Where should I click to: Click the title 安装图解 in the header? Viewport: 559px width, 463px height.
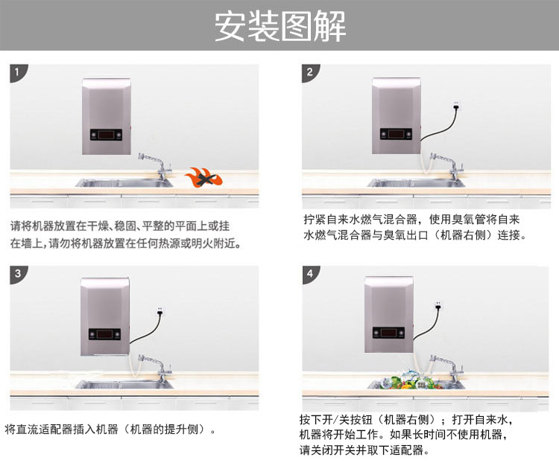[x=279, y=27]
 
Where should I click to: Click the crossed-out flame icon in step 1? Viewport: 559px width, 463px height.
[x=203, y=178]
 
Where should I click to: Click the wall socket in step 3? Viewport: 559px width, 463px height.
[x=160, y=309]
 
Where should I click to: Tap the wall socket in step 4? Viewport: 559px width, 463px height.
[x=439, y=305]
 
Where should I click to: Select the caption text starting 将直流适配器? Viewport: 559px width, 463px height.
[x=112, y=430]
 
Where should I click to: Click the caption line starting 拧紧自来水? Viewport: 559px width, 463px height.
[x=411, y=220]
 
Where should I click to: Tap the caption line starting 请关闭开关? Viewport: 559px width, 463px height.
[x=365, y=450]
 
